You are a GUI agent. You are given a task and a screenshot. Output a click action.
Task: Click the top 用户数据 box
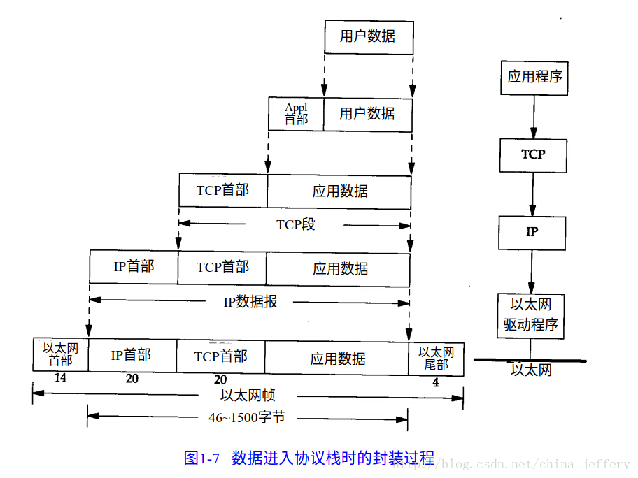[x=369, y=36]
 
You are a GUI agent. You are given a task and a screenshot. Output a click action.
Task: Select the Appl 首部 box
[x=296, y=114]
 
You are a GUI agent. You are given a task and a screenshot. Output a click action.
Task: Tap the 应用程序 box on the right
[x=534, y=77]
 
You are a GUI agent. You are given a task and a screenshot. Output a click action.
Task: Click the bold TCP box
[x=533, y=154]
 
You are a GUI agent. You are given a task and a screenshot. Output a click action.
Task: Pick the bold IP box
[x=532, y=232]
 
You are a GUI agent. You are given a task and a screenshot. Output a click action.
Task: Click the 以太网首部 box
[x=60, y=354]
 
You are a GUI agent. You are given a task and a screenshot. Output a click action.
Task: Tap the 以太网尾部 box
[x=436, y=358]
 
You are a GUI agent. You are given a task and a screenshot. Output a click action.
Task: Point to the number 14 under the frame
[x=60, y=379]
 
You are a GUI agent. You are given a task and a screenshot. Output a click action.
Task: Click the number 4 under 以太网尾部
[x=436, y=383]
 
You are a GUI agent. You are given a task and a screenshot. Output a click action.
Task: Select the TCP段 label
[x=295, y=225]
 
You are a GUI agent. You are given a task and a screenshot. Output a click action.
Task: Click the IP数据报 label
[x=250, y=302]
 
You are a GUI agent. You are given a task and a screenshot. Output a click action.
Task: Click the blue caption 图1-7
[x=202, y=458]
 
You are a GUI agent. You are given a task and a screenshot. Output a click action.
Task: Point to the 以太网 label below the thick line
[x=531, y=370]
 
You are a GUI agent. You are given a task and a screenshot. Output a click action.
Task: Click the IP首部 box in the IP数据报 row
[x=134, y=267]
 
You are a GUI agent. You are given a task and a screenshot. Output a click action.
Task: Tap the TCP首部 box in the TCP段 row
[x=222, y=190]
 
